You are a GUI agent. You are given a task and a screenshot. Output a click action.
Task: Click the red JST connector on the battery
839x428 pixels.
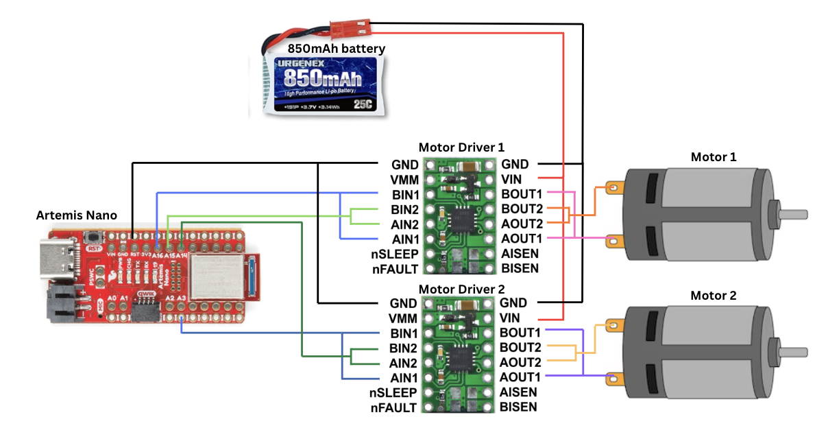pos(344,29)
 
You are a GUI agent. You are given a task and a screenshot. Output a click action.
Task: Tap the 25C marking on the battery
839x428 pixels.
pos(364,105)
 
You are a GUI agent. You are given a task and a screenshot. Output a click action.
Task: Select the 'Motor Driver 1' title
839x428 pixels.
pos(461,147)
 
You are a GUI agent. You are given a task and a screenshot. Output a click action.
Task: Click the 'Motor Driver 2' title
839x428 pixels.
pos(461,288)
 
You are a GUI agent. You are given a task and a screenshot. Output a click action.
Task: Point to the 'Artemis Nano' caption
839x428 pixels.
pos(76,215)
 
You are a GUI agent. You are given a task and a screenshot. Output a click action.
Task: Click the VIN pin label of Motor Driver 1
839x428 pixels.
pos(511,179)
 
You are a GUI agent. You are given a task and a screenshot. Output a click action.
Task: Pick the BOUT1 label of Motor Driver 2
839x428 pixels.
pos(521,333)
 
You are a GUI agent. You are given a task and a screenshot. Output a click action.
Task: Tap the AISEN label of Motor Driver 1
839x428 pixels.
pos(520,253)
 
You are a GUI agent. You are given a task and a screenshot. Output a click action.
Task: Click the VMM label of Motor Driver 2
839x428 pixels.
pos(402,318)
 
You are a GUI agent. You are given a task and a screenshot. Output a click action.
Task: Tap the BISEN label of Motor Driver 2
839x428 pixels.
pos(519,407)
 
